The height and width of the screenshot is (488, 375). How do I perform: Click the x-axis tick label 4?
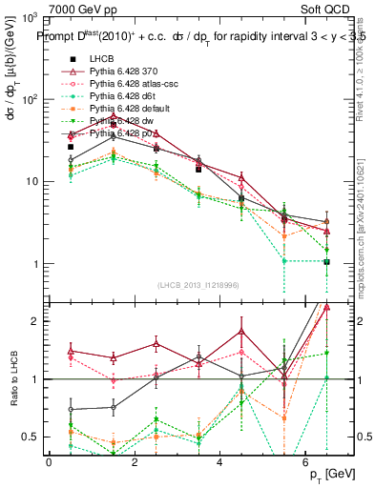click(x=220, y=461)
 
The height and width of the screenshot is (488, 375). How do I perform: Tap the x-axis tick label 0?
click(x=49, y=461)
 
